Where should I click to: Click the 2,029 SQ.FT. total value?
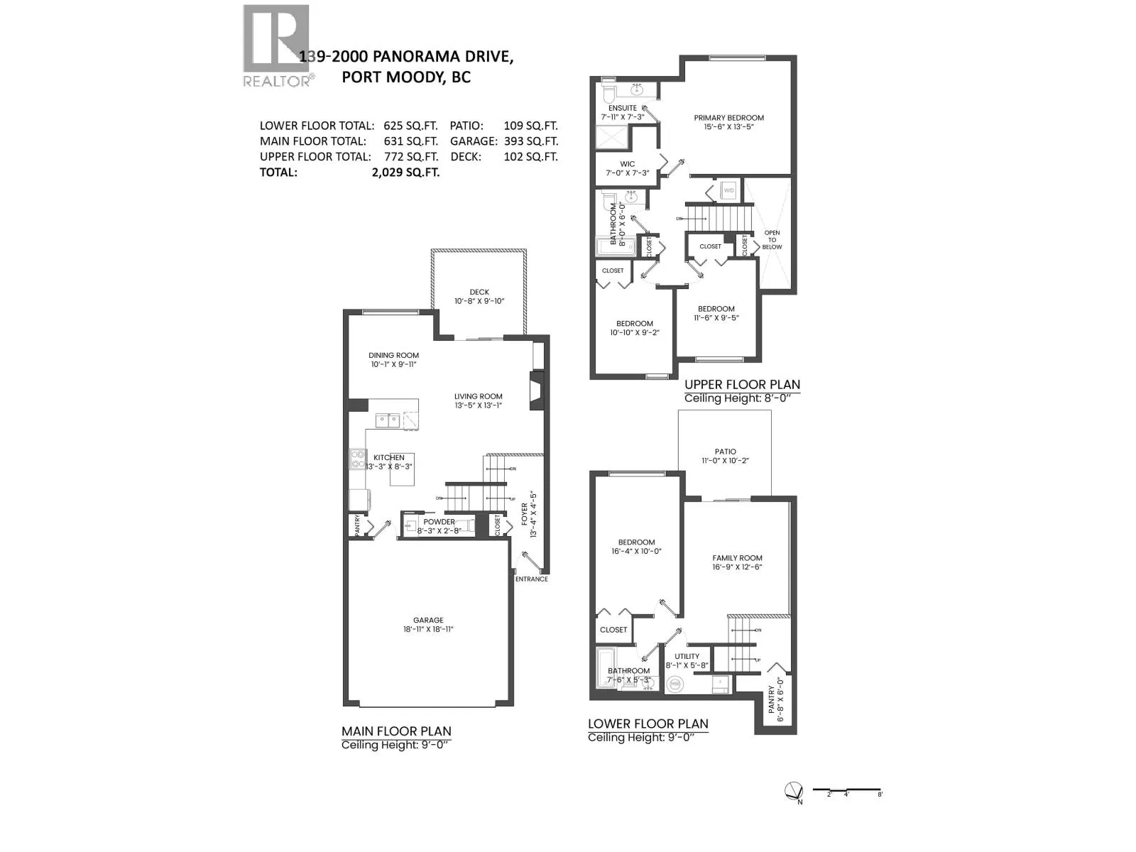(x=405, y=173)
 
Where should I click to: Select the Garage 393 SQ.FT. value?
(x=531, y=141)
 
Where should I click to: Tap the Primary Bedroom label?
(x=728, y=118)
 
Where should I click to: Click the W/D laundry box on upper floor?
(x=728, y=190)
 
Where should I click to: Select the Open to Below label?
(x=772, y=240)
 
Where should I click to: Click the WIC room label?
(x=627, y=164)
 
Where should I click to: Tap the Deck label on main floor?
(x=479, y=292)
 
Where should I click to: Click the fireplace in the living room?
(x=537, y=391)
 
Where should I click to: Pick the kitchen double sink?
(x=388, y=420)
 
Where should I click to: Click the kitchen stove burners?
(x=356, y=459)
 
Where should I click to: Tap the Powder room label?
(x=439, y=522)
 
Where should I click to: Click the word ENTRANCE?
(x=531, y=579)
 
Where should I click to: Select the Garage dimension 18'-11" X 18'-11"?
(x=428, y=629)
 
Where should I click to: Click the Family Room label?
(x=737, y=558)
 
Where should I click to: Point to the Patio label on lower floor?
(x=725, y=452)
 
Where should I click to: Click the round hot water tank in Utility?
(x=674, y=684)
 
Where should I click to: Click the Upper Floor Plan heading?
(x=742, y=385)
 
